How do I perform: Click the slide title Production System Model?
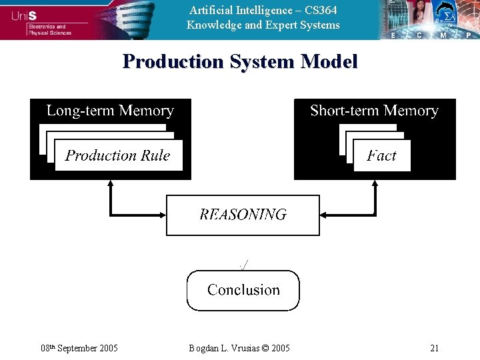[x=240, y=61]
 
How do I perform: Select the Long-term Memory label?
[x=110, y=111]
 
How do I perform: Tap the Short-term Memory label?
[x=374, y=111]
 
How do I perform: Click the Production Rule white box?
[x=118, y=155]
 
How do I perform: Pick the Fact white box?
[x=381, y=156]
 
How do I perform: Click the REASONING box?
[x=243, y=215]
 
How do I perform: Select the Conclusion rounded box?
[x=243, y=290]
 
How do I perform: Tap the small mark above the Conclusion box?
[x=243, y=265]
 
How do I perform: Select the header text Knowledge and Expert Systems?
[x=263, y=25]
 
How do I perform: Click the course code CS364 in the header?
[x=321, y=10]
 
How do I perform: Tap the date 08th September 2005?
[x=79, y=348]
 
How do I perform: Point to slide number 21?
[x=435, y=348]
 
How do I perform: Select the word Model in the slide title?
[x=329, y=61]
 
